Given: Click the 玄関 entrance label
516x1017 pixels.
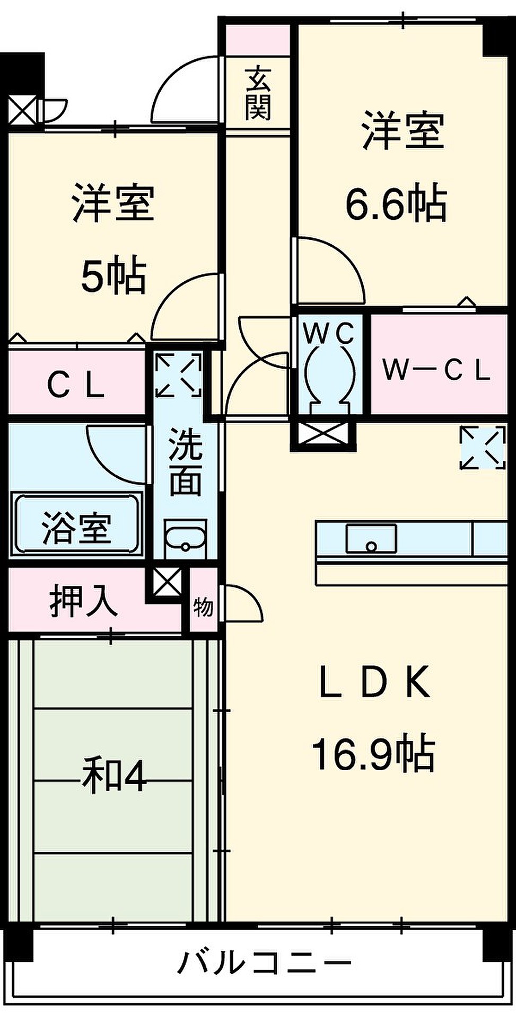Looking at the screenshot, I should pos(258,92).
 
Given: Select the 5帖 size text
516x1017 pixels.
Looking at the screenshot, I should pos(113,275).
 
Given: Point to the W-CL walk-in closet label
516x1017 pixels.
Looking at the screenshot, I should pos(436,370).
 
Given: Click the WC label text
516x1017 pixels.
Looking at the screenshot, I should pos(329,334).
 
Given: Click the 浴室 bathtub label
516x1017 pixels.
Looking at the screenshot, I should pos(76,528).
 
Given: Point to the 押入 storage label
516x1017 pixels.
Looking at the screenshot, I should pos(83,602).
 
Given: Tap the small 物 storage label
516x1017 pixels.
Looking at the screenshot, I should pos(203,607).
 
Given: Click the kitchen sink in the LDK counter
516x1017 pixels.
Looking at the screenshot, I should pos(371,539).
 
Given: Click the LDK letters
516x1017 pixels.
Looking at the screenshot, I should pos(374,683).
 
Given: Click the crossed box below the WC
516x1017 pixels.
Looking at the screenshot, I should pos(323,434).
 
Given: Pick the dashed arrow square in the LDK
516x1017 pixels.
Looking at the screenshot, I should pos(482,447).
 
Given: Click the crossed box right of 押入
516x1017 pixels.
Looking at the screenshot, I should pos(166,583).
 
